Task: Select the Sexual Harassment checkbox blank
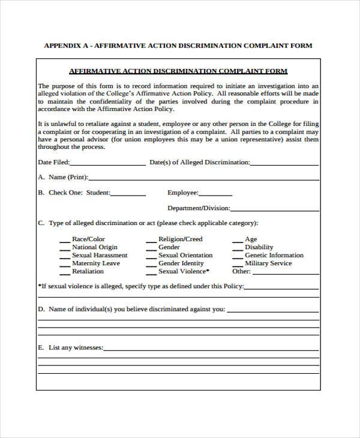[x=64, y=257]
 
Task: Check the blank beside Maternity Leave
[x=64, y=265]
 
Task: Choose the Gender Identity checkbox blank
[x=151, y=265]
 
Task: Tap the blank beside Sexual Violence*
[x=151, y=272]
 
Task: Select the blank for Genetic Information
[x=236, y=257]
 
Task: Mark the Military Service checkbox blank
[x=236, y=265]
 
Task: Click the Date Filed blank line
[x=108, y=164]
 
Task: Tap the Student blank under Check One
[x=128, y=194]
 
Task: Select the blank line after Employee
[x=215, y=194]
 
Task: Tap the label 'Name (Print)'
[x=68, y=177]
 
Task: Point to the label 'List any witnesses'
[x=76, y=347]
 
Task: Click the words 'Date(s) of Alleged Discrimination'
[x=199, y=162]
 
